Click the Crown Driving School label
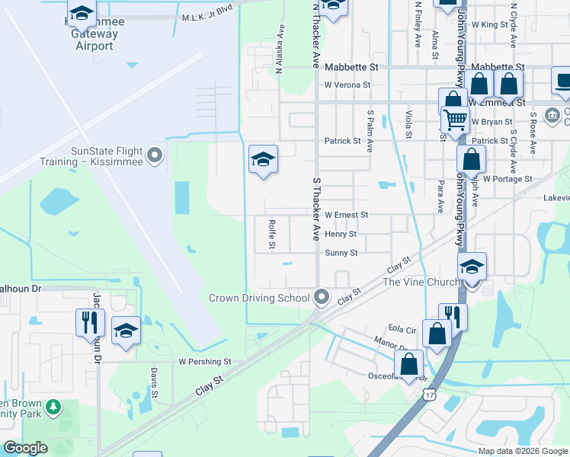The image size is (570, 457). [259, 298]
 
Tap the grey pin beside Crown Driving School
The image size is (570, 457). [322, 297]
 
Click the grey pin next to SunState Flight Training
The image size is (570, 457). [155, 156]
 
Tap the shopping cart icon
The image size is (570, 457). [455, 119]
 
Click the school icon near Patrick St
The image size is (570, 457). [263, 159]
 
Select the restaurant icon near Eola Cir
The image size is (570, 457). [452, 316]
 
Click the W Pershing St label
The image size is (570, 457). [205, 361]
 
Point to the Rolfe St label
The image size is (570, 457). [271, 235]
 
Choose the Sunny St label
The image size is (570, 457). [341, 253]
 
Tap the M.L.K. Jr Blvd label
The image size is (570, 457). [207, 17]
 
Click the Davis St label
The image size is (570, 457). [154, 383]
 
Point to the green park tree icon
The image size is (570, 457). [53, 408]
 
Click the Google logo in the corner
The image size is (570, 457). [25, 448]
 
